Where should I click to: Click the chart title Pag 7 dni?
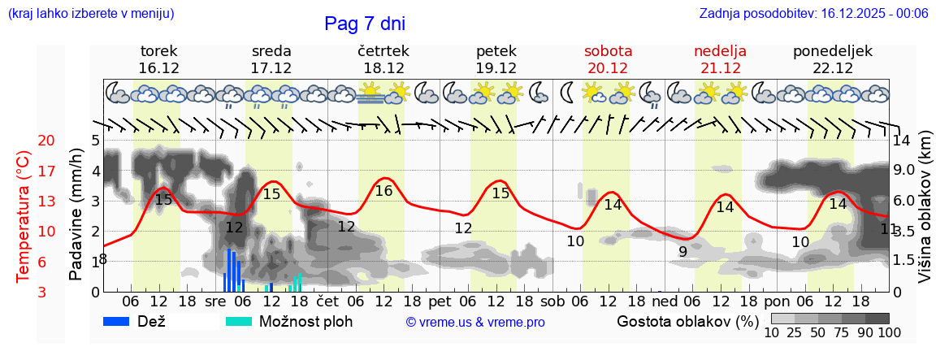(364, 24)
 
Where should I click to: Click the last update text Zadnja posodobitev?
(813, 13)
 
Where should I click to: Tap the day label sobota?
(608, 51)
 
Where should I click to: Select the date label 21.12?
(720, 68)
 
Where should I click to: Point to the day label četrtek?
(383, 51)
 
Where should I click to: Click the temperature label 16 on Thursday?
(384, 191)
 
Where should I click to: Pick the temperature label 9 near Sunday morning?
(682, 252)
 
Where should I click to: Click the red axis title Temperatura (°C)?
(23, 217)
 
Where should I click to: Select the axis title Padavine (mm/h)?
(76, 215)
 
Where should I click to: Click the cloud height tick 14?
(902, 140)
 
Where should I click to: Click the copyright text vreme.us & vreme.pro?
(475, 322)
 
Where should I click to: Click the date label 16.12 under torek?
(159, 68)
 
